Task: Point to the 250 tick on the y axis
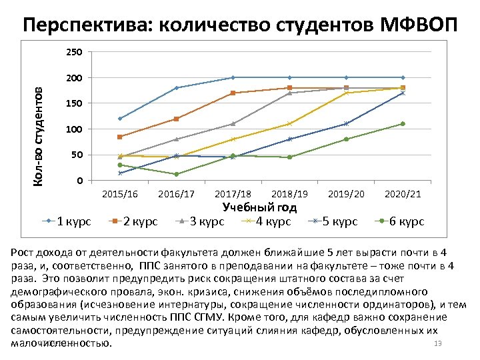75,52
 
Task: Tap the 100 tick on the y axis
75,129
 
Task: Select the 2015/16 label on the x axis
120,194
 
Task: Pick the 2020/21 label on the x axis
403,194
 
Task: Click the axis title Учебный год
259,207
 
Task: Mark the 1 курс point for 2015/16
120,119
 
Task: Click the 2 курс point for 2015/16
120,137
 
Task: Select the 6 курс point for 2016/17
177,174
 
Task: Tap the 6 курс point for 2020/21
403,124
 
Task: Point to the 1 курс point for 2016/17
177,88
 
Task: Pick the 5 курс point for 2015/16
120,173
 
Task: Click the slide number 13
438,343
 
